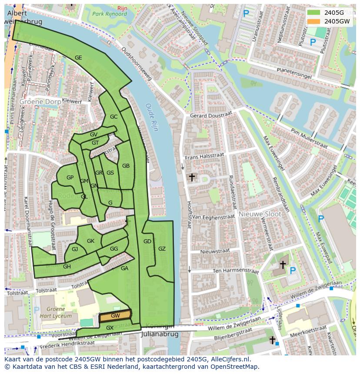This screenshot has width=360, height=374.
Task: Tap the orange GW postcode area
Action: coord(115,316)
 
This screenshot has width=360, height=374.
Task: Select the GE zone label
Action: coord(78,57)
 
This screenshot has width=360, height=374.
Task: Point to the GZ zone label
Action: coord(162,249)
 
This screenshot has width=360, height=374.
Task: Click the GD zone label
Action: coord(147,242)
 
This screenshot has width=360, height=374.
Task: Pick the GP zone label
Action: coord(70,178)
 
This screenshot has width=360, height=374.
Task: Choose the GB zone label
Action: coord(126,166)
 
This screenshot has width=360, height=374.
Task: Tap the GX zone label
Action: coord(110,328)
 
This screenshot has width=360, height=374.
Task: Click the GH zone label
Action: coord(67,267)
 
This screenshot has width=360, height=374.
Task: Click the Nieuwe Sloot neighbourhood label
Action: coord(260,214)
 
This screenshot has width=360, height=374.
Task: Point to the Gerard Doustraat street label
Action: coord(211,115)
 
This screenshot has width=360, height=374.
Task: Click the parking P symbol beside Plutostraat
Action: coord(313,42)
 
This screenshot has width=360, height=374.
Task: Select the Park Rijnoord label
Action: coord(109,13)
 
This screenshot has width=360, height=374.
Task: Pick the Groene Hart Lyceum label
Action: coord(56,313)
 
